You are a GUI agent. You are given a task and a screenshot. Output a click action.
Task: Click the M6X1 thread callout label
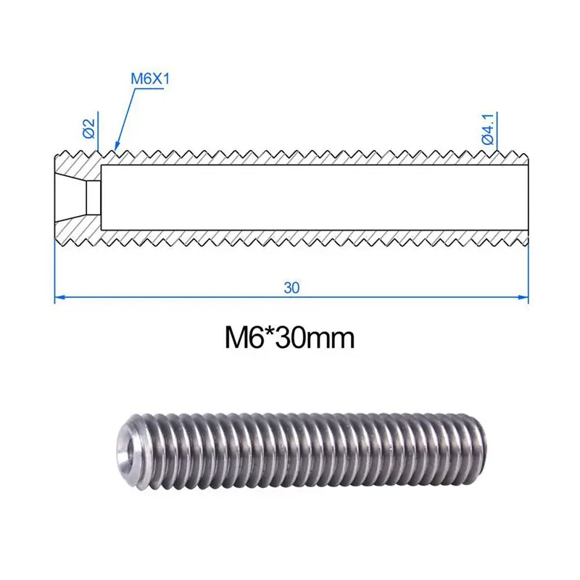(x=149, y=79)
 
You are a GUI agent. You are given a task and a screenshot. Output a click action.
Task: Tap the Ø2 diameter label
(x=88, y=129)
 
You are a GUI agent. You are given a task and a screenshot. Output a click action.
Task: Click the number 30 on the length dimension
(x=291, y=287)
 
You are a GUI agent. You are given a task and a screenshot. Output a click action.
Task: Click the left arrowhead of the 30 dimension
(x=59, y=296)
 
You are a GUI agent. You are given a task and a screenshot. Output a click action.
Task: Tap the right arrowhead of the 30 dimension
(x=524, y=296)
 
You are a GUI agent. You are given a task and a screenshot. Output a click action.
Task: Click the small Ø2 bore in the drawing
(x=92, y=196)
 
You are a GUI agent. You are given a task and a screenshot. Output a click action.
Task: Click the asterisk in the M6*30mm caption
(x=272, y=333)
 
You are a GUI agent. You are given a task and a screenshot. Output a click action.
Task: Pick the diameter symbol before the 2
(x=88, y=134)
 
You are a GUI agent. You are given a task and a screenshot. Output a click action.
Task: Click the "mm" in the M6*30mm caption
(x=333, y=339)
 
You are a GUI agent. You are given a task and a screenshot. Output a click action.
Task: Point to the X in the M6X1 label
(x=154, y=79)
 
